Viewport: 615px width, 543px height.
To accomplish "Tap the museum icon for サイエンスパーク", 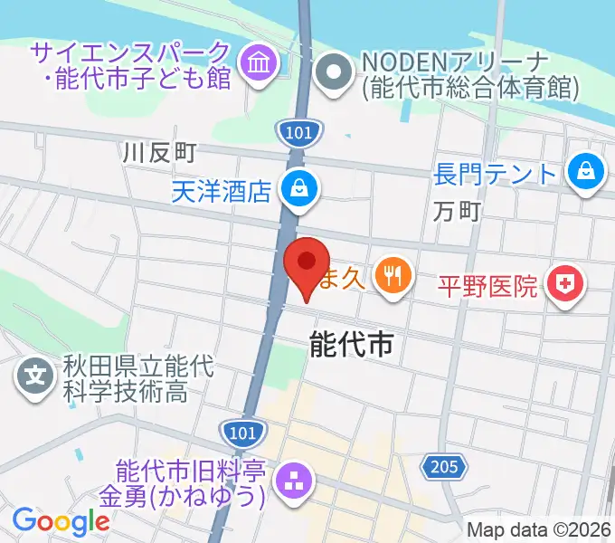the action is coord(260,64).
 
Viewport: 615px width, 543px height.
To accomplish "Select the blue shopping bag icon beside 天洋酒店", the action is coord(296,189).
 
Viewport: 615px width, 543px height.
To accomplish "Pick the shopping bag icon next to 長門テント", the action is coord(587,170).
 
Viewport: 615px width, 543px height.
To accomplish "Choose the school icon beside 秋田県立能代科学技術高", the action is coord(34,371).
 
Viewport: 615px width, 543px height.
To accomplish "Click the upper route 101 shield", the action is coord(298,133).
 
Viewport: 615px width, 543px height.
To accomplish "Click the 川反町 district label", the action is coord(159,153).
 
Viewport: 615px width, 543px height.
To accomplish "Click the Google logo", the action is coord(61,521).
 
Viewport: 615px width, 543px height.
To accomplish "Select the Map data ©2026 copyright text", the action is coord(540,529).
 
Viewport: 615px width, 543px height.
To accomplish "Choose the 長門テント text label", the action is coord(495,172).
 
